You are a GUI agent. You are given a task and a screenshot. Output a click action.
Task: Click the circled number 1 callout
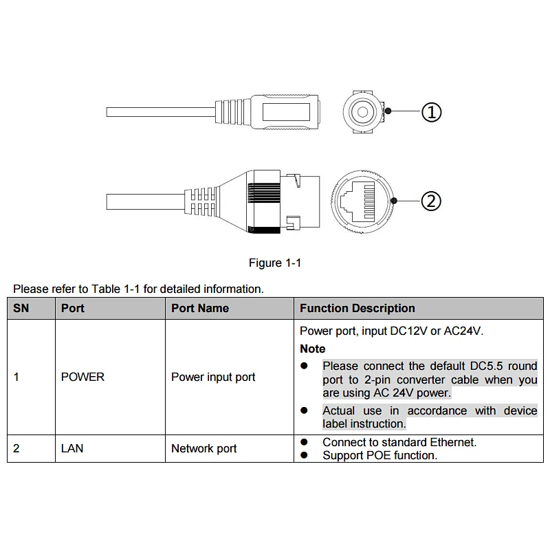431,111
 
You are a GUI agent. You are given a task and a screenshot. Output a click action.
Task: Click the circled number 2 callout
431,201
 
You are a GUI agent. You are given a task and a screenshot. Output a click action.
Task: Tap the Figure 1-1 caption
275,263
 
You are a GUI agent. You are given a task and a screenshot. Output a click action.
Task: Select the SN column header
21,308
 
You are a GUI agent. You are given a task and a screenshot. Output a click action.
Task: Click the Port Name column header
200,308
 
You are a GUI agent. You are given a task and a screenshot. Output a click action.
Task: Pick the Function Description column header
357,308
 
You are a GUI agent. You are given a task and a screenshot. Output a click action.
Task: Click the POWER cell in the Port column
82,377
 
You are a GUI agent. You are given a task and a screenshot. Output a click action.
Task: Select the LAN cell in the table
72,448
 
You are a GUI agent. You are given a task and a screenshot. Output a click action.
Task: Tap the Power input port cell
213,377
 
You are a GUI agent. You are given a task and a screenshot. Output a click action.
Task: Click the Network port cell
204,448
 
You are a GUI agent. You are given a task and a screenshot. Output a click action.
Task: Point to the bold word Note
313,349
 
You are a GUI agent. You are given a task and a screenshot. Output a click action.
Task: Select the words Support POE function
379,455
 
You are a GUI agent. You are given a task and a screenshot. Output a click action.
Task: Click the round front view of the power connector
363,111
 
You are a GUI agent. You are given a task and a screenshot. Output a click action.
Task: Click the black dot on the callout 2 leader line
395,201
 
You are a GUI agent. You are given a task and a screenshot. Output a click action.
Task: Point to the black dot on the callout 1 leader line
388,111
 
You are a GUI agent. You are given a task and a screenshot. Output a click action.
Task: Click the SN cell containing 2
16,448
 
